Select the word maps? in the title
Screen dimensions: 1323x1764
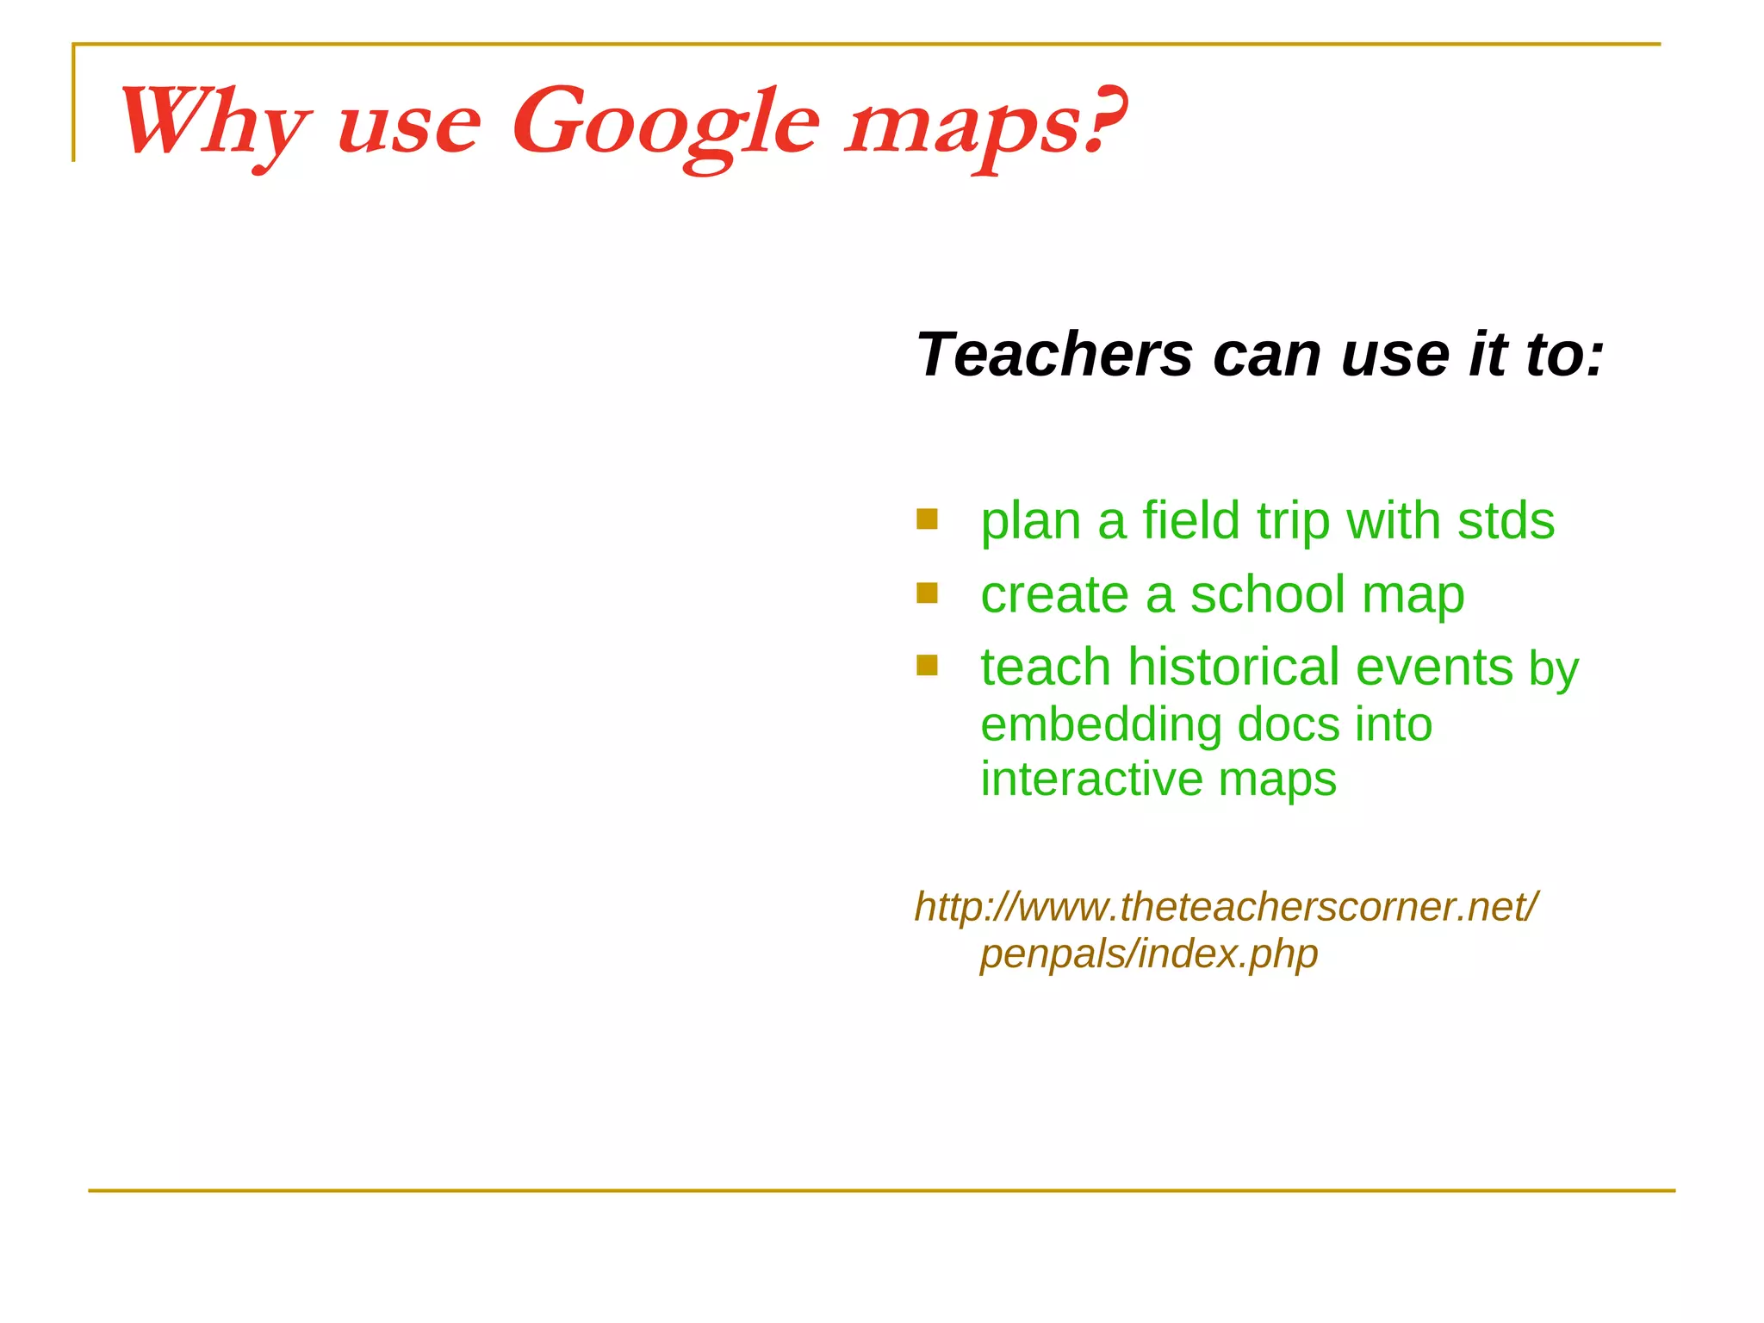984,125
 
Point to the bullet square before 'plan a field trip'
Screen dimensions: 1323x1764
927,519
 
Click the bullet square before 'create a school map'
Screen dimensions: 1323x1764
927,593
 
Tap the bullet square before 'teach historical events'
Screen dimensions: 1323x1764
927,665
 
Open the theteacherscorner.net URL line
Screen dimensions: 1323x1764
1226,906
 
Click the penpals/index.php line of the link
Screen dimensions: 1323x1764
1149,953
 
